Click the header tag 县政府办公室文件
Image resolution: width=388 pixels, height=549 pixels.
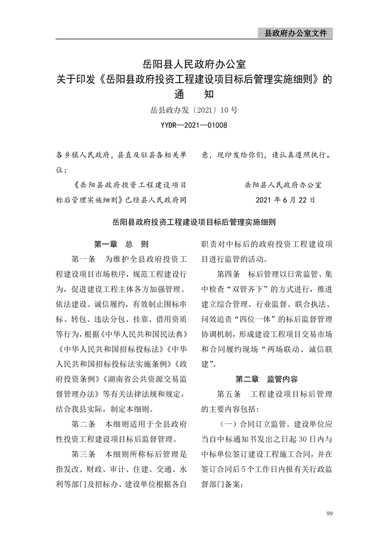295,33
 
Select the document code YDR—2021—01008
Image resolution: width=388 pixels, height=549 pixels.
194,125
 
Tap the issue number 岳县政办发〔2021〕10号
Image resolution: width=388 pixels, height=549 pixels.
194,111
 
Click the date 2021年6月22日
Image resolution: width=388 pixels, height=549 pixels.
285,200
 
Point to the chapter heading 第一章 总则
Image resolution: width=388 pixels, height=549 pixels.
121,244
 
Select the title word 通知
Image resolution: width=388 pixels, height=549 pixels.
194,94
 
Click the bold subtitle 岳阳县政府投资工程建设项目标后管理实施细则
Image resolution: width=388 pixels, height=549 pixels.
194,222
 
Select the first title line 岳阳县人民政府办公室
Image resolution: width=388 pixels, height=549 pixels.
194,64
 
